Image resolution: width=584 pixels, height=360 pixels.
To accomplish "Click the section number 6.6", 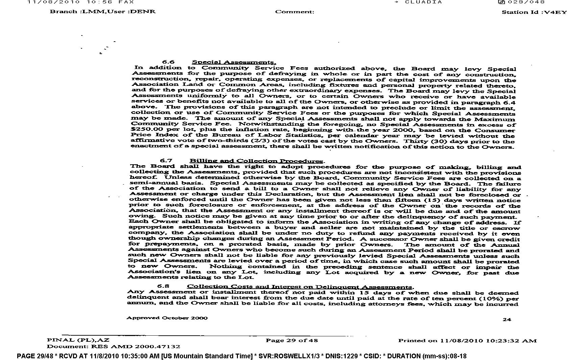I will [x=168, y=62].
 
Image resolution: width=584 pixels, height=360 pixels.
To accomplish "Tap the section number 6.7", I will [x=166, y=161].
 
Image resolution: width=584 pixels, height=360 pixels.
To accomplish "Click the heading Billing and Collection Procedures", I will [x=257, y=161].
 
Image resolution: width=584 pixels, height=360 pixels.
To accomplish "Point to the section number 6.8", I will [x=164, y=286].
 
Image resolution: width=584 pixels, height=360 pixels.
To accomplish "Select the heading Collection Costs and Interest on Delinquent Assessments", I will [x=300, y=287].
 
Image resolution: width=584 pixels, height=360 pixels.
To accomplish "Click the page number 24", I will [x=507, y=319].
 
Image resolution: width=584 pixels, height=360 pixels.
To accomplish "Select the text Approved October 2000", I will [x=167, y=318].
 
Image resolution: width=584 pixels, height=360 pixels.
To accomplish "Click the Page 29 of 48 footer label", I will [x=292, y=340].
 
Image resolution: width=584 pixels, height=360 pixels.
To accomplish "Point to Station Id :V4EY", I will [x=534, y=12].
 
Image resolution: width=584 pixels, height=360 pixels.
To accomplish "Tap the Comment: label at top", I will [x=295, y=12].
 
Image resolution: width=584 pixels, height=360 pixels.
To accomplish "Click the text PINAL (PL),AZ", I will [x=78, y=340].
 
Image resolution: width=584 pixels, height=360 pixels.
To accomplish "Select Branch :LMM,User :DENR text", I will [x=103, y=11].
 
